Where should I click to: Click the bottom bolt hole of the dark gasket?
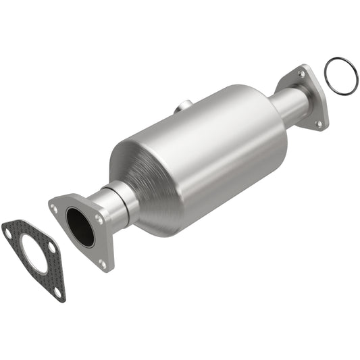[57, 292]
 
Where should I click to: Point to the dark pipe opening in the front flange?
[82, 228]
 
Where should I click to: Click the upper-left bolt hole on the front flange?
[55, 209]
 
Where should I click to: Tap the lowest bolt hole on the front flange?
[103, 264]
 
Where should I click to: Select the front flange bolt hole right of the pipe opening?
[100, 220]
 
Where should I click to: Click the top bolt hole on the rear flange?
[301, 74]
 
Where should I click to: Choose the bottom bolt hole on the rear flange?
[319, 124]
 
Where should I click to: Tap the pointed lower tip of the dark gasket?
[60, 299]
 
